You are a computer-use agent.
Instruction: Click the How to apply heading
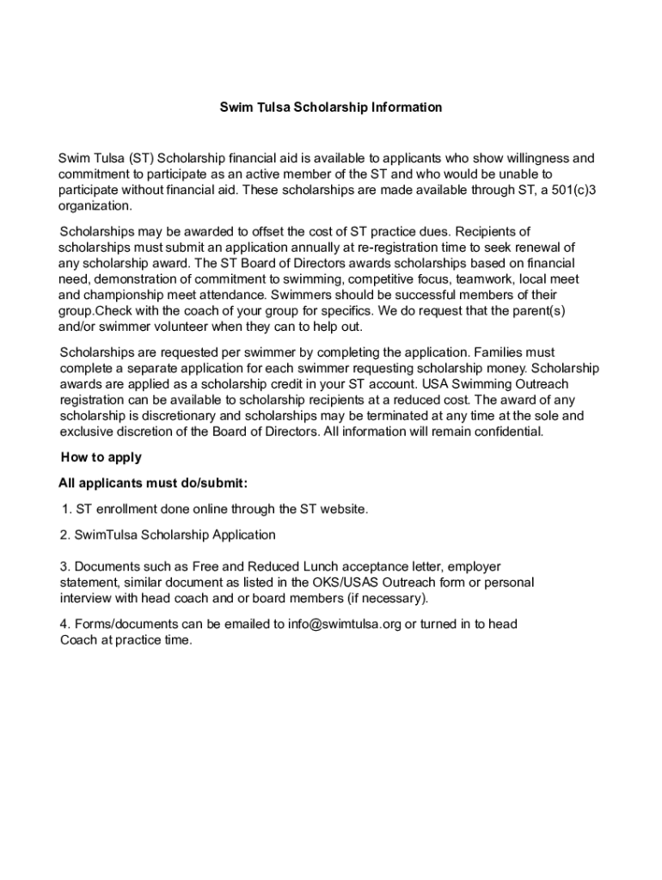(101, 457)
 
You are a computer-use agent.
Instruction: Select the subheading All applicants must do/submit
(154, 483)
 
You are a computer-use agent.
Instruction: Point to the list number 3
(64, 566)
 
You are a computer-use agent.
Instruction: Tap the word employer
(474, 566)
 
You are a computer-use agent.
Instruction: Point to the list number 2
(64, 535)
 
